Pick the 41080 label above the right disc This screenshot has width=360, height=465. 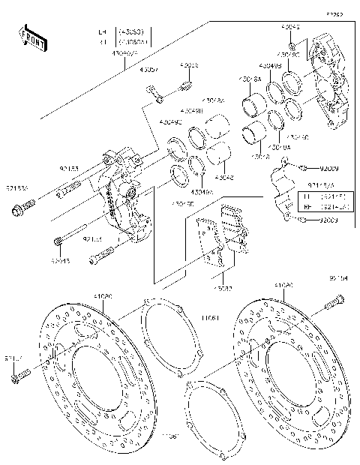tap(283, 286)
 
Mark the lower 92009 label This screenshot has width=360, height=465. tap(328, 220)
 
